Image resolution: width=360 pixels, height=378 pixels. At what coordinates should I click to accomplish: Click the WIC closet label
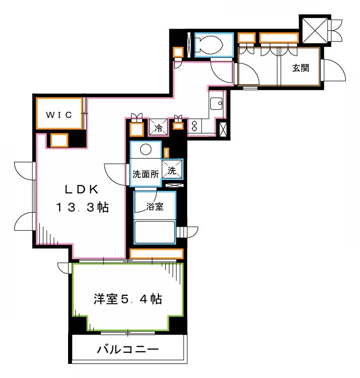pyautogui.click(x=59, y=114)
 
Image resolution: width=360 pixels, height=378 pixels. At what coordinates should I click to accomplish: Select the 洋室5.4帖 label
pyautogui.click(x=127, y=299)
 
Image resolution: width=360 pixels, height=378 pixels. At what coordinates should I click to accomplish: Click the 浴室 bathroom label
pyautogui.click(x=154, y=207)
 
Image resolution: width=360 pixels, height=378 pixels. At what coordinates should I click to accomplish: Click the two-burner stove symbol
pyautogui.click(x=195, y=125)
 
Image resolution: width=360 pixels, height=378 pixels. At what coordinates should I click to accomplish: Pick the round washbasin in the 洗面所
pyautogui.click(x=145, y=150)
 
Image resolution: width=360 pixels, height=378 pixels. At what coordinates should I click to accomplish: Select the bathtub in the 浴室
pyautogui.click(x=154, y=231)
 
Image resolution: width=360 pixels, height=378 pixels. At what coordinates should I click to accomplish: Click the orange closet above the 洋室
pyautogui.click(x=156, y=254)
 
